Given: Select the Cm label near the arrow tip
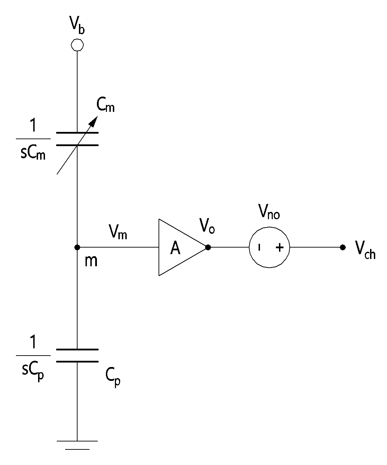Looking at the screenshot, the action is [105, 105].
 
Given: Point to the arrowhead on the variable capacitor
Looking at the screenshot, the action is [94, 121].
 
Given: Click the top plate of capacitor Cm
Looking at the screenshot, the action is [77, 133].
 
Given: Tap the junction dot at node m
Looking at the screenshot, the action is [77, 247].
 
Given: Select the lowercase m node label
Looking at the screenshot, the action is [91, 261].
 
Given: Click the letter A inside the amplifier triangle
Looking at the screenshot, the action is [175, 248].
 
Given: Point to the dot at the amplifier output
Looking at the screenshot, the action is [208, 247].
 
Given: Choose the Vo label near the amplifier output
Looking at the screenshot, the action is [207, 226].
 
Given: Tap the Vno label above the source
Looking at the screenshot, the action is [269, 212].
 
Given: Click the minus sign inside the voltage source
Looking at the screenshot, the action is [259, 248].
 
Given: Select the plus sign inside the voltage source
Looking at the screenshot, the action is [280, 248].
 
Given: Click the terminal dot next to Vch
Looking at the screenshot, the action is [343, 247].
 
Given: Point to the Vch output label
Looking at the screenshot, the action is [366, 250].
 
